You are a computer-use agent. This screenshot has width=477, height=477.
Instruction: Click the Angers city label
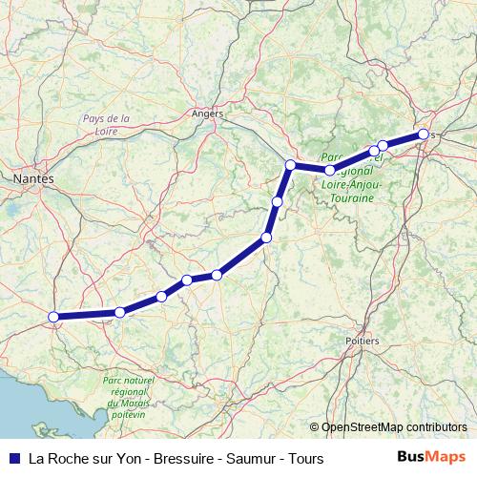point(207,113)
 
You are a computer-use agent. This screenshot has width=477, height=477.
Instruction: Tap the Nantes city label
point(34,178)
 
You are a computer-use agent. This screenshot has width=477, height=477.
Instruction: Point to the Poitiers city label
point(363,340)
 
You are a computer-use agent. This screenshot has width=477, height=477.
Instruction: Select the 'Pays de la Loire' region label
point(106,125)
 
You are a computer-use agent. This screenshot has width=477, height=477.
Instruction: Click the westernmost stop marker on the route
point(54,317)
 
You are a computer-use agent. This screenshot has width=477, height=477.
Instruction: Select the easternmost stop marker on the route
point(423,135)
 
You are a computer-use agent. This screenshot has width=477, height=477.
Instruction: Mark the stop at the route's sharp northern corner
point(290,165)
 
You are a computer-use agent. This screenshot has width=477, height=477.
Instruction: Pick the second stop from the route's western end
point(120,312)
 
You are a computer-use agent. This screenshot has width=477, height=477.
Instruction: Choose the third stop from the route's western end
point(161,297)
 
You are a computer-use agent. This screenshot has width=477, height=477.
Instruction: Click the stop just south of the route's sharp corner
point(277,201)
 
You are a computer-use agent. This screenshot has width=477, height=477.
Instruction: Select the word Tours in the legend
point(305,458)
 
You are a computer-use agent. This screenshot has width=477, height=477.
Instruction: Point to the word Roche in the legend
point(69,458)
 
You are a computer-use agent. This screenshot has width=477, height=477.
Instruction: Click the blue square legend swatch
point(13,458)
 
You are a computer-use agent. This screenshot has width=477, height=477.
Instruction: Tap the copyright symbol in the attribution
point(315,426)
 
